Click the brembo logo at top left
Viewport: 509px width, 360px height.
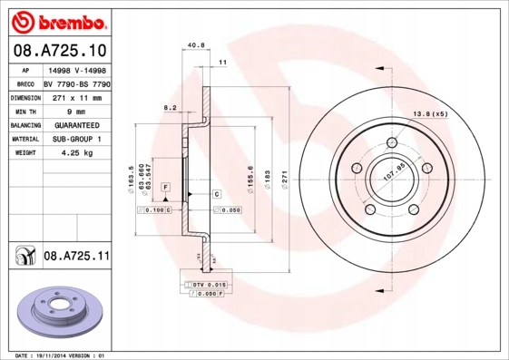tap(55, 20)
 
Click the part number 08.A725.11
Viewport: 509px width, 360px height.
tap(76, 258)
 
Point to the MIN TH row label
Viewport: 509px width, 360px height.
tap(24, 110)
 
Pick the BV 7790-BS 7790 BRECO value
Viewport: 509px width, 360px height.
tap(77, 83)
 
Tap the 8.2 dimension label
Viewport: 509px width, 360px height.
tap(169, 108)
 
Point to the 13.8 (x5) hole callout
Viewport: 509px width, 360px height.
tap(431, 113)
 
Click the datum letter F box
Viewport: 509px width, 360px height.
tap(166, 187)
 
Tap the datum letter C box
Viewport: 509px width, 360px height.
tap(218, 195)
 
